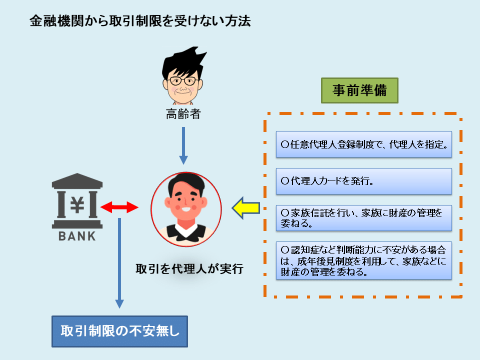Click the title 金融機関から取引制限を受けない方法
tap(140, 21)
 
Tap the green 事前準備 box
tap(359, 90)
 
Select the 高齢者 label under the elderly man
tap(183, 114)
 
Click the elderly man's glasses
tap(183, 81)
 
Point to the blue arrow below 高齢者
tap(183, 145)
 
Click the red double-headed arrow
tap(119, 207)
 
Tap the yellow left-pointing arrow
tap(246, 208)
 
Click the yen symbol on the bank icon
tap(77, 204)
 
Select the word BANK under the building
tap(77, 236)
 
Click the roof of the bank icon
tap(77, 180)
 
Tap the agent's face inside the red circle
tap(186, 201)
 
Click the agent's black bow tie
tap(186, 232)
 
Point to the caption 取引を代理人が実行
tap(189, 269)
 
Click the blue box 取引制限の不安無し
tap(119, 331)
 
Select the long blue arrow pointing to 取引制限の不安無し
tap(119, 263)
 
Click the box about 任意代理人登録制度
tap(364, 144)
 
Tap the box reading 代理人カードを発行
tap(364, 181)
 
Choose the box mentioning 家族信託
tap(364, 217)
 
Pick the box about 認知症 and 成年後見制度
tap(364, 260)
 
